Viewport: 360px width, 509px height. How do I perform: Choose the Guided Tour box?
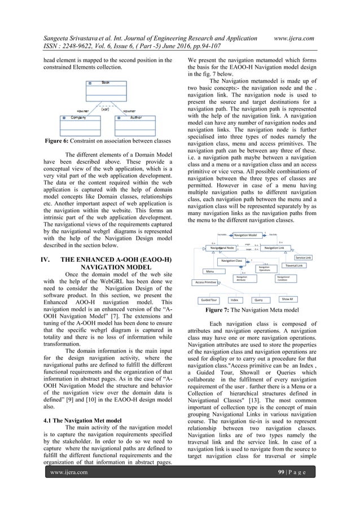pyautogui.click(x=210, y=300)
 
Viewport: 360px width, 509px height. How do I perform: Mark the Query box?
pyautogui.click(x=259, y=300)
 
